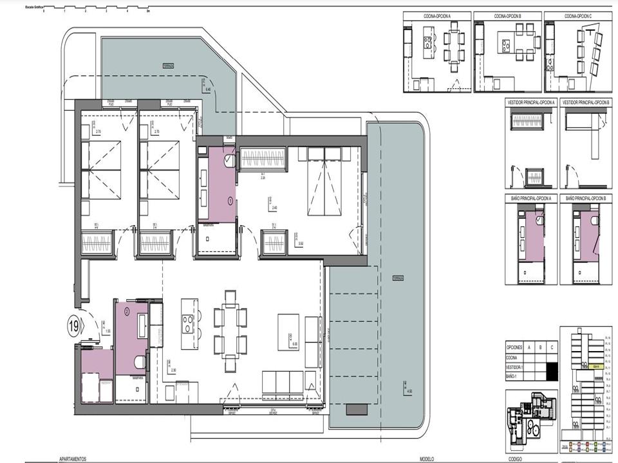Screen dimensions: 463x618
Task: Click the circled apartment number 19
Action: pyautogui.click(x=74, y=326)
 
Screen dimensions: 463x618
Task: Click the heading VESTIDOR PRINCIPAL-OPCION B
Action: pyautogui.click(x=586, y=103)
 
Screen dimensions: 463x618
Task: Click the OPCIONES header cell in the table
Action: pyautogui.click(x=515, y=347)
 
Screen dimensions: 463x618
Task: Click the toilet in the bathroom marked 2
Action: pyautogui.click(x=138, y=363)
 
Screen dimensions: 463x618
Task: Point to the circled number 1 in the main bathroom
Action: pyautogui.click(x=230, y=201)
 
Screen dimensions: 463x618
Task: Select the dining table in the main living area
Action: pyautogui.click(x=230, y=330)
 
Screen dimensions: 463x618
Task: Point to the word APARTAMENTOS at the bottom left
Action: pyautogui.click(x=73, y=460)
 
